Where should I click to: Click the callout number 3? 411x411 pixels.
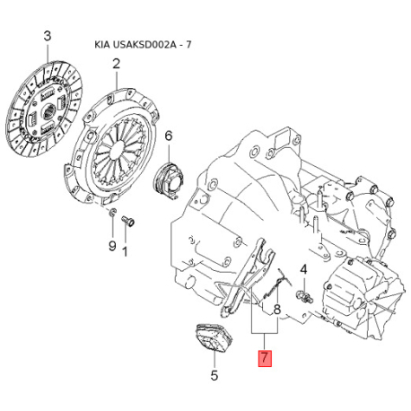(x=48, y=37)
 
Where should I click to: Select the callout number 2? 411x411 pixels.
(x=116, y=64)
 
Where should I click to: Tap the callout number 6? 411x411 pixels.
(x=169, y=136)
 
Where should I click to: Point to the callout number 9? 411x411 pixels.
(x=112, y=246)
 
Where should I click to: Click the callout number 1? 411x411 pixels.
(x=126, y=251)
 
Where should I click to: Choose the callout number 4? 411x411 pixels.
(x=303, y=270)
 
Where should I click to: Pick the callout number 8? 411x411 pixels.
(x=277, y=310)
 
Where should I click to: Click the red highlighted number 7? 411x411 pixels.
(x=265, y=358)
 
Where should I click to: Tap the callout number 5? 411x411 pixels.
(x=214, y=375)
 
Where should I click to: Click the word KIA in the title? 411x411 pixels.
(x=102, y=45)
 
